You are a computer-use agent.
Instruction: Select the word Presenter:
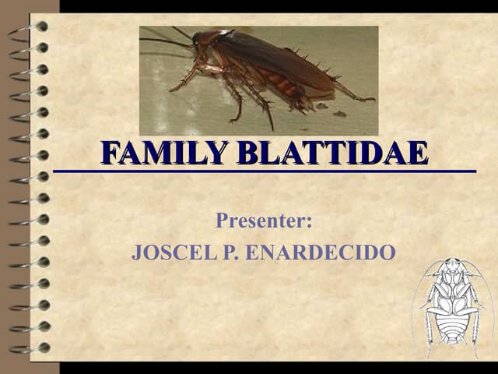pos(264,221)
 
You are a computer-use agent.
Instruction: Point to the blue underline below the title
pos(265,170)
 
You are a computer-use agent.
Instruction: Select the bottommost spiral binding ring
pos(31,348)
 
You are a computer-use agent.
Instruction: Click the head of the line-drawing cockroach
pos(451,269)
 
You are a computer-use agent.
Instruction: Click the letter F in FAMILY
pos(111,153)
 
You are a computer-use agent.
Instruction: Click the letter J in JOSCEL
pos(138,253)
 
